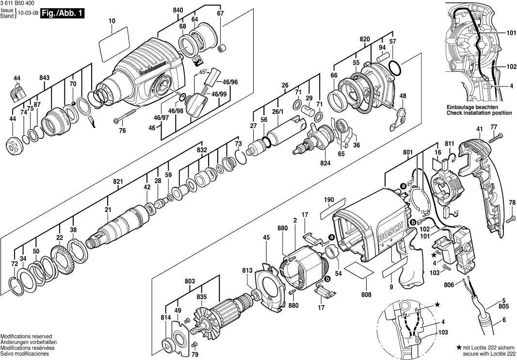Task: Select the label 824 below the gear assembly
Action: click(x=325, y=163)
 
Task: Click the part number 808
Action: click(x=366, y=295)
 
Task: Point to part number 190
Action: click(x=329, y=200)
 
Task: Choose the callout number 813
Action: click(x=247, y=270)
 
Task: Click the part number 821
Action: click(x=118, y=181)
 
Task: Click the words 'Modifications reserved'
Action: click(x=26, y=336)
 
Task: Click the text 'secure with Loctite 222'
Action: click(x=485, y=353)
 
